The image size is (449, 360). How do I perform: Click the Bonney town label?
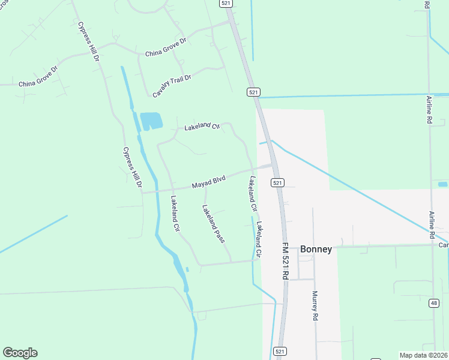pos(316,249)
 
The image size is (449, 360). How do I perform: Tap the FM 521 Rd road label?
pos(286,259)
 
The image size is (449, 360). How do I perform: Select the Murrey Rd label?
pos(314,306)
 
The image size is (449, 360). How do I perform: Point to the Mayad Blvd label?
pos(208,182)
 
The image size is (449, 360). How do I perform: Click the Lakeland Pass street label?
pos(213,223)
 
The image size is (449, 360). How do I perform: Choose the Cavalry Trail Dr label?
pos(171,86)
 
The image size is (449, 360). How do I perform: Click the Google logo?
pos(20,353)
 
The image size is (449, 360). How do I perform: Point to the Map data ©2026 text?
pos(424,355)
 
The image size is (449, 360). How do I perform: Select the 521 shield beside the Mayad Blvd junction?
pos(277,182)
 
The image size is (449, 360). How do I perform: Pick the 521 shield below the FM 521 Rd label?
pos(280,350)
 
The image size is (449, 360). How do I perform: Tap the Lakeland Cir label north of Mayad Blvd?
pos(202,126)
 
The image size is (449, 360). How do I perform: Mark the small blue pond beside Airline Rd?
pos(443,184)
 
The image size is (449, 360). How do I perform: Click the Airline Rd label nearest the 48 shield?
pos(431,225)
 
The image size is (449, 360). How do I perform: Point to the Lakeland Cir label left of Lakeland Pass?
pos(175,214)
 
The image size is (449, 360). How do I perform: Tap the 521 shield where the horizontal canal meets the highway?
pos(253,92)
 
